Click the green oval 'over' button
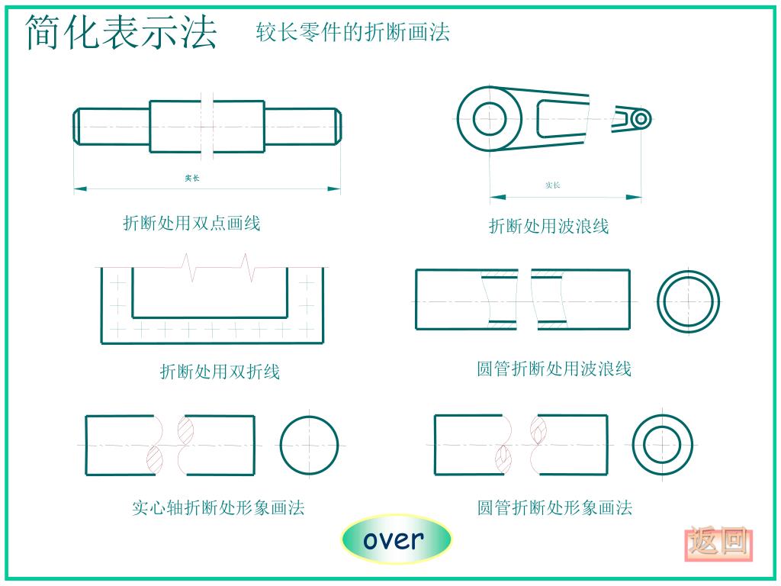click(x=395, y=539)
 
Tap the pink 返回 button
click(x=718, y=543)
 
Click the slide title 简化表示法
click(x=121, y=33)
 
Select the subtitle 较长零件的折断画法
click(x=352, y=32)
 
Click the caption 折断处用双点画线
click(x=191, y=223)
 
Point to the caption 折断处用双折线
click(x=220, y=372)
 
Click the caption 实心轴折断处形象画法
click(x=218, y=507)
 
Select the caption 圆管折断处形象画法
click(x=554, y=507)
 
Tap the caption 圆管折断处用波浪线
click(x=554, y=369)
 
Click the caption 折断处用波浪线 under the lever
click(x=548, y=226)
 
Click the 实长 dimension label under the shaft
click(x=192, y=178)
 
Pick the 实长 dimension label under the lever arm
click(x=552, y=185)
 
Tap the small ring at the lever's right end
click(x=641, y=119)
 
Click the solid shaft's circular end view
click(x=309, y=445)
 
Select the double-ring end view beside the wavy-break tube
click(x=689, y=301)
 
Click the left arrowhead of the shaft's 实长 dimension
click(x=79, y=188)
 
